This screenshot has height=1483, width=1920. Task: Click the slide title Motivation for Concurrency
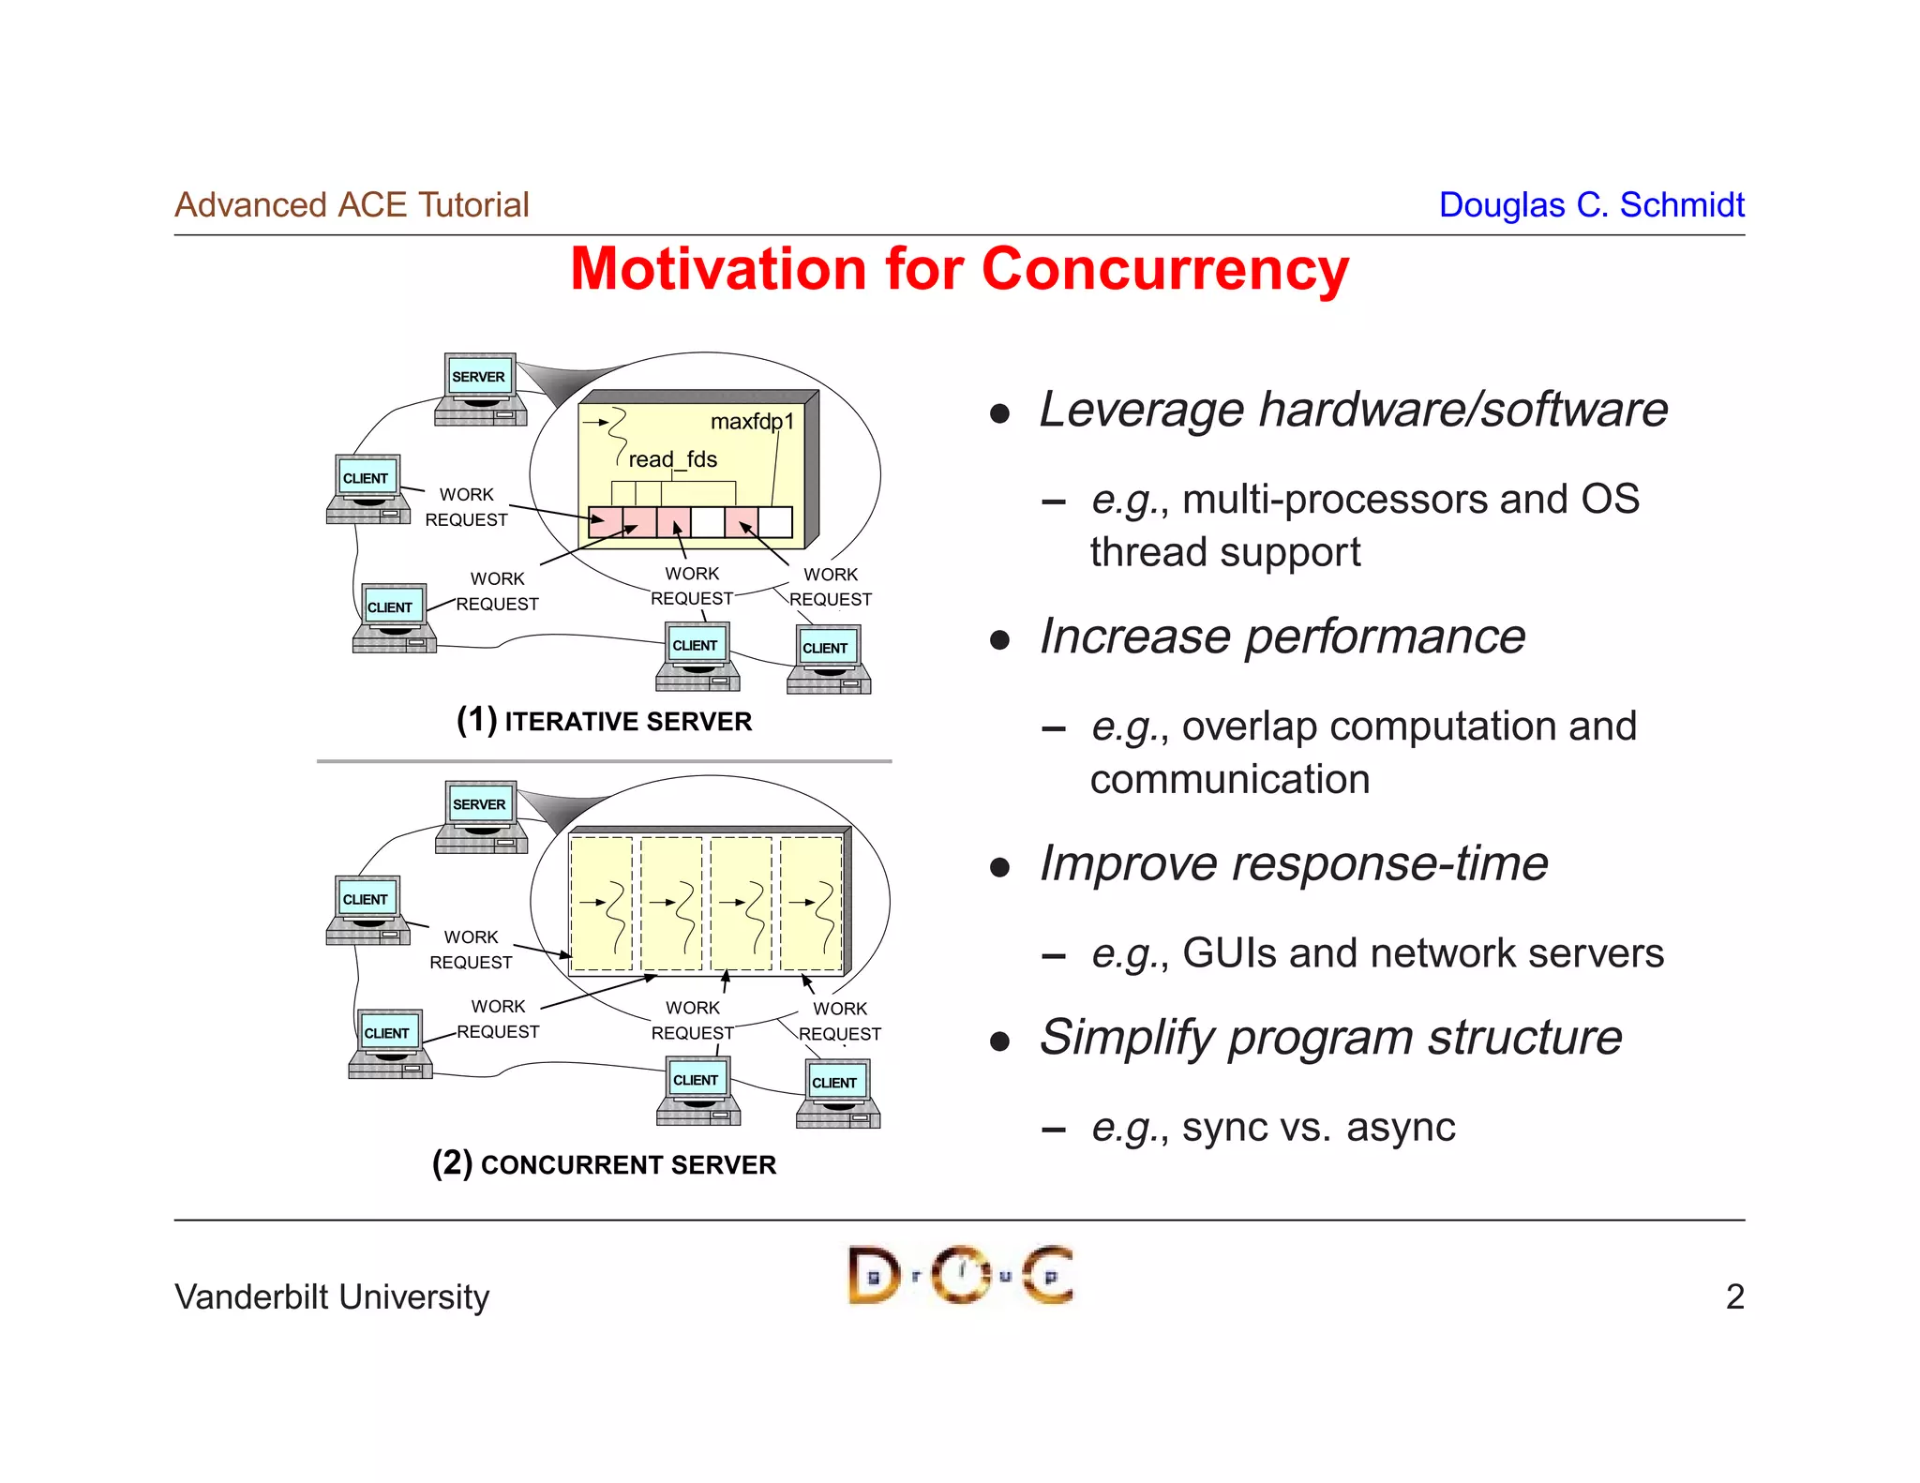pos(959,270)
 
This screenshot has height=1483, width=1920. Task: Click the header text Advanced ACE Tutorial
pos(352,205)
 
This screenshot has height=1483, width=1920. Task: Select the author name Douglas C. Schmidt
pos(1591,205)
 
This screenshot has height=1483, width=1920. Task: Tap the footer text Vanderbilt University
pos(332,1297)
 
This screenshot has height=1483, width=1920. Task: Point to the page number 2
pos(1734,1297)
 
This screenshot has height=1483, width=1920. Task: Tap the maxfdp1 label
pos(752,422)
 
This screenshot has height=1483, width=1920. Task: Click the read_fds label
pos(672,459)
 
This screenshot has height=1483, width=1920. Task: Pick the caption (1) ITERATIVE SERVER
pos(604,721)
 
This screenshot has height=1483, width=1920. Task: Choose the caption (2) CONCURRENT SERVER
pos(604,1164)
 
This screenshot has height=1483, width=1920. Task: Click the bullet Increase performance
pos(1282,637)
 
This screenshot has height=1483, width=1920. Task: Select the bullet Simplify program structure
pos(1329,1038)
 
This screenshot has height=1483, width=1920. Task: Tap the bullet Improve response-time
pos(1293,863)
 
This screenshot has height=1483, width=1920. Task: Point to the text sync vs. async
pos(1318,1127)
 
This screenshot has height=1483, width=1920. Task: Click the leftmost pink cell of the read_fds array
pos(605,521)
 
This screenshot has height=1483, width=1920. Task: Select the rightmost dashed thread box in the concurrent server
pos(811,904)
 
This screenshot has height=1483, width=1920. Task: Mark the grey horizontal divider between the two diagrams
pos(604,761)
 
